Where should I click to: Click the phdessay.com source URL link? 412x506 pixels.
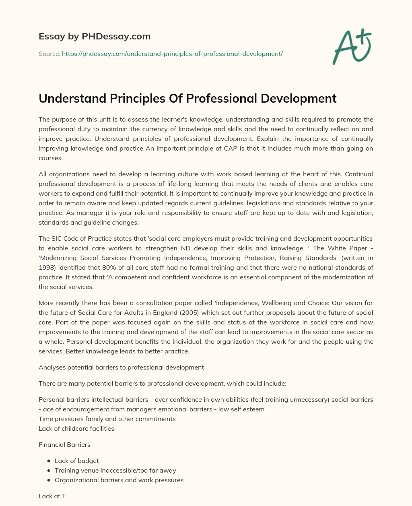pyautogui.click(x=172, y=54)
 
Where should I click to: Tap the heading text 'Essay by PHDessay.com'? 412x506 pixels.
pyautogui.click(x=95, y=36)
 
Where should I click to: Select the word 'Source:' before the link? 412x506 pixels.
pyautogui.click(x=49, y=54)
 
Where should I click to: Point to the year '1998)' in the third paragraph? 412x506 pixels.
pyautogui.click(x=47, y=267)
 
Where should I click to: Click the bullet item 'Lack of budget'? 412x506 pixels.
pyautogui.click(x=76, y=461)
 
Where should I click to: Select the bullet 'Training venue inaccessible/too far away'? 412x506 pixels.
pyautogui.click(x=115, y=470)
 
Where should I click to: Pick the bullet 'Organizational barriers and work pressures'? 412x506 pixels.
pyautogui.click(x=119, y=480)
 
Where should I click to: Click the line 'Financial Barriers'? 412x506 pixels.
pyautogui.click(x=64, y=444)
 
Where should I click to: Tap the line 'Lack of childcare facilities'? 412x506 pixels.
pyautogui.click(x=76, y=428)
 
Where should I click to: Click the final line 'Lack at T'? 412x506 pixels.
pyautogui.click(x=52, y=496)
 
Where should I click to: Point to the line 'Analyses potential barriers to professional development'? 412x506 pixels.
pyautogui.click(x=121, y=367)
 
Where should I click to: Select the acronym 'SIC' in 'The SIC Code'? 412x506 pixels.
pyautogui.click(x=58, y=238)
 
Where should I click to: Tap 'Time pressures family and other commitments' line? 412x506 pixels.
pyautogui.click(x=107, y=419)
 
